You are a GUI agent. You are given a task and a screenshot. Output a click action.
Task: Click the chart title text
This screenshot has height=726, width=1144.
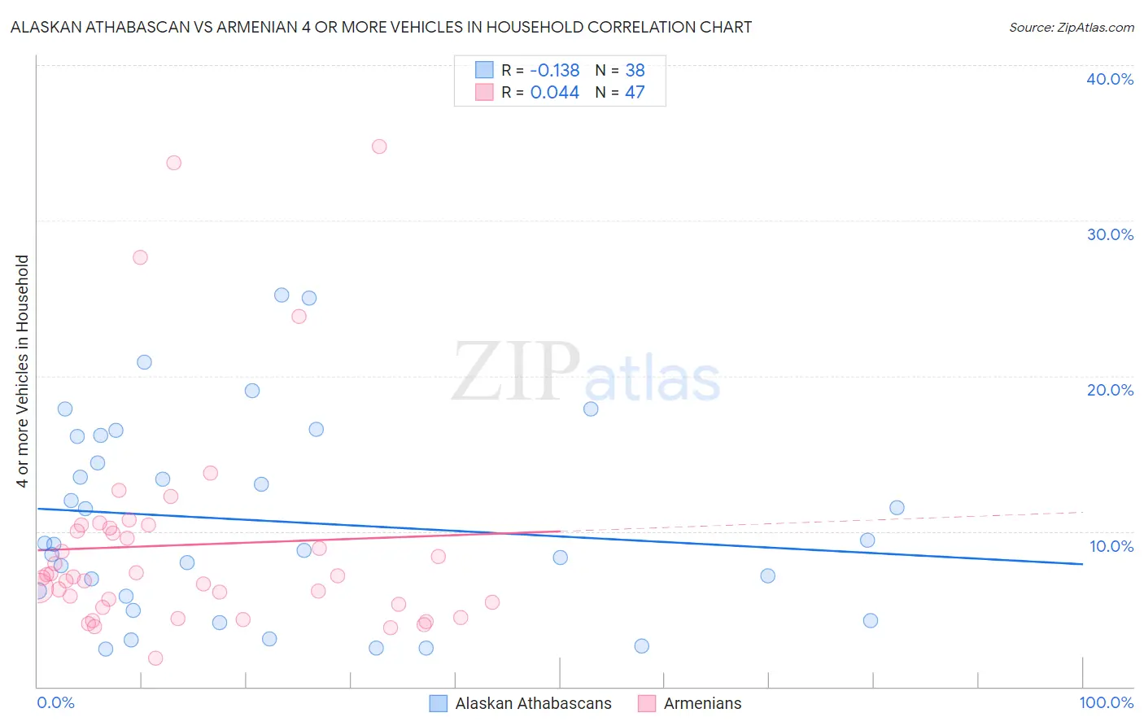click(x=381, y=27)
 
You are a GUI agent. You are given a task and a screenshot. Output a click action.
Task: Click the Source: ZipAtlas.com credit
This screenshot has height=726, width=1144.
click(x=1071, y=27)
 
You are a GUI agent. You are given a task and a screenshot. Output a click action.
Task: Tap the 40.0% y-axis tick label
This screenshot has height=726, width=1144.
click(x=1110, y=79)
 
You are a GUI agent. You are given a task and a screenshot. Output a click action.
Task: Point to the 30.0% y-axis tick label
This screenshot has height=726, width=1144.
click(x=1110, y=234)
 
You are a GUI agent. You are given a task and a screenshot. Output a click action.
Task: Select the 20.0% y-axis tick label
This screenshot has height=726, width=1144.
click(x=1110, y=390)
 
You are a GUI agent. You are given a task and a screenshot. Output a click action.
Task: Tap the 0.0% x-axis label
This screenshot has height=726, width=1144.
click(x=55, y=702)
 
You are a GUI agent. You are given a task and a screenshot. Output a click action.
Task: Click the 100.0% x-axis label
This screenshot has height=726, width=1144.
click(x=1106, y=702)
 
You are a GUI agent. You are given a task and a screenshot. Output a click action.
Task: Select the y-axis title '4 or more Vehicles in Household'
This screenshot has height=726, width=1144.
click(x=23, y=371)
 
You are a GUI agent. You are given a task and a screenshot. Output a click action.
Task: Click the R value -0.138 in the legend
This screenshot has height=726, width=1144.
click(x=554, y=70)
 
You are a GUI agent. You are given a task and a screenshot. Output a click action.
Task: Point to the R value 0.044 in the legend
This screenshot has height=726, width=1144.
click(x=554, y=92)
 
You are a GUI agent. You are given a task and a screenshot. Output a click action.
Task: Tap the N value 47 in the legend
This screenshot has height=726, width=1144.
click(x=635, y=92)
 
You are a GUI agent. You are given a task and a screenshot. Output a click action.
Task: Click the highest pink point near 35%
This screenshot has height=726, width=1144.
click(x=379, y=147)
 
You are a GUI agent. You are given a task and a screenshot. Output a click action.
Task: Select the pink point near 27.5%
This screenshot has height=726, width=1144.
click(x=140, y=257)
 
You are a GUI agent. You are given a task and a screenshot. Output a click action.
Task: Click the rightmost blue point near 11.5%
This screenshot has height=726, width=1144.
click(x=897, y=508)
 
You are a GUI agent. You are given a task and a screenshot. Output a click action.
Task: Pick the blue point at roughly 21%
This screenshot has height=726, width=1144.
click(x=144, y=362)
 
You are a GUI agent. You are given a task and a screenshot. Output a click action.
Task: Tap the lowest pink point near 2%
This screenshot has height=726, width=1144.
click(x=155, y=658)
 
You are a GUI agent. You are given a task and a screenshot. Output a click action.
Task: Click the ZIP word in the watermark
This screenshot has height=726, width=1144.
click(x=516, y=373)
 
